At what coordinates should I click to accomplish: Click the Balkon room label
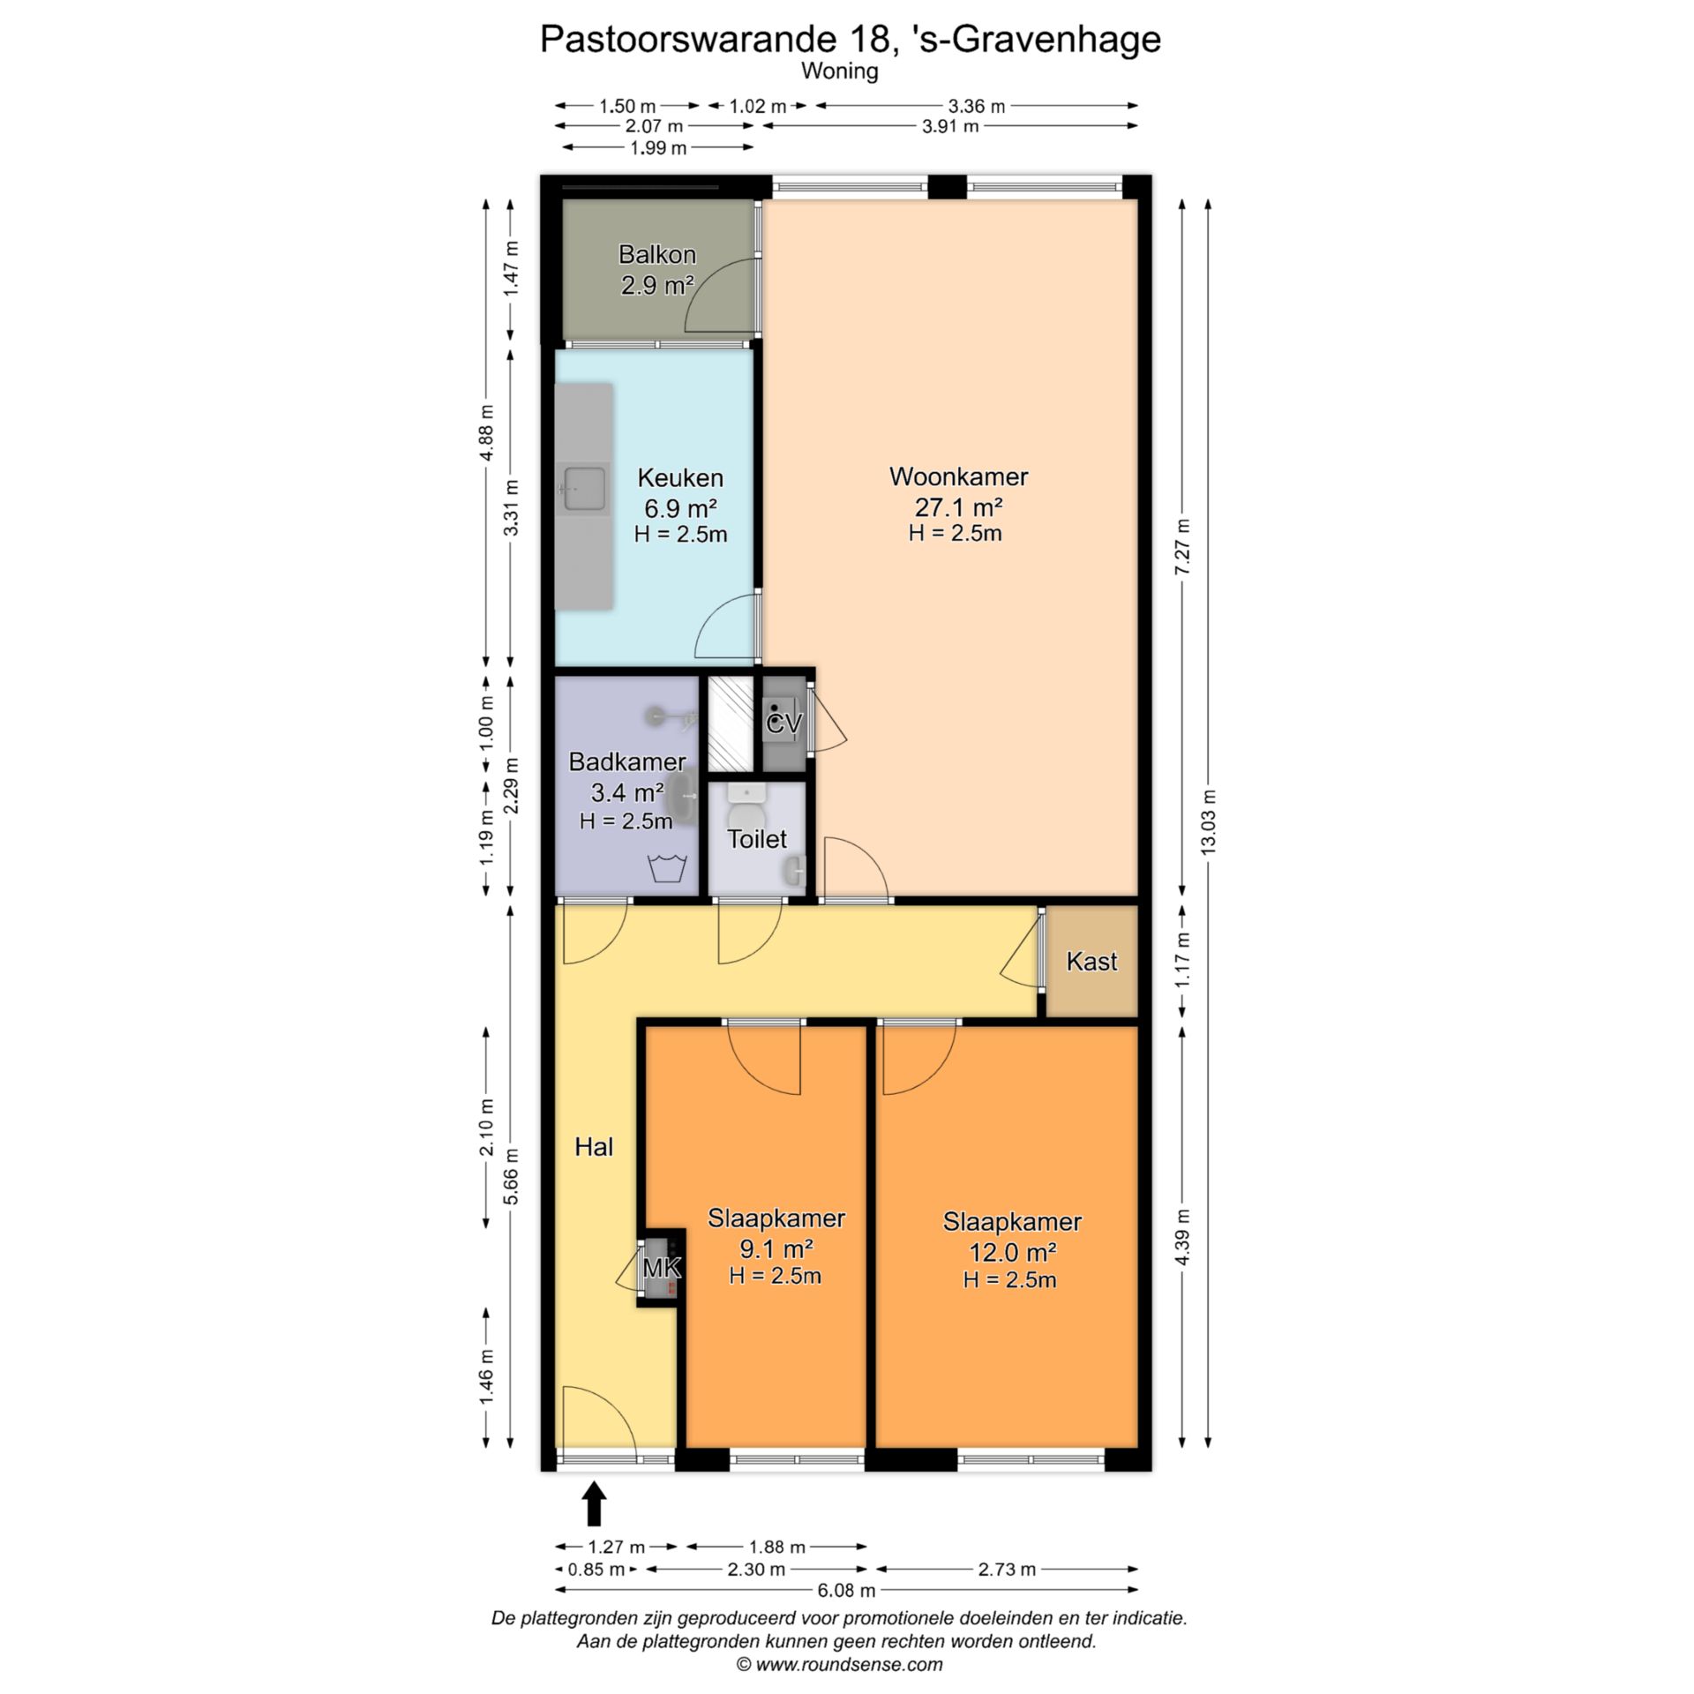(657, 254)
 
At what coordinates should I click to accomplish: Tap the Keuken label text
(680, 477)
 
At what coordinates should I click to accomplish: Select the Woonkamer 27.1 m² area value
(958, 507)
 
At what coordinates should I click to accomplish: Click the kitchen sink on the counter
(585, 488)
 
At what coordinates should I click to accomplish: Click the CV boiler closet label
(783, 724)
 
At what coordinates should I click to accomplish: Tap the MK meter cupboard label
(662, 1268)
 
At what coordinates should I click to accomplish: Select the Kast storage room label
(1091, 961)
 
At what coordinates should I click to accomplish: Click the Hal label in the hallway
(594, 1146)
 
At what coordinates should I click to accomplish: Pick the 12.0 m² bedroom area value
(1013, 1252)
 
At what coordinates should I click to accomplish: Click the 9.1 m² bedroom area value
(776, 1248)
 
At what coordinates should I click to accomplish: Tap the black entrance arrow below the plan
(595, 1503)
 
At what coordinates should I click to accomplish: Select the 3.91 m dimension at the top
(950, 126)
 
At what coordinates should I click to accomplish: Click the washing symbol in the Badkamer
(667, 869)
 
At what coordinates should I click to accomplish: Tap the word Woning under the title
(840, 71)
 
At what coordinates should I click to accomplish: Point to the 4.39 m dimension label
(1183, 1237)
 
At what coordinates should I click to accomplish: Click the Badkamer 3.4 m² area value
(627, 791)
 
